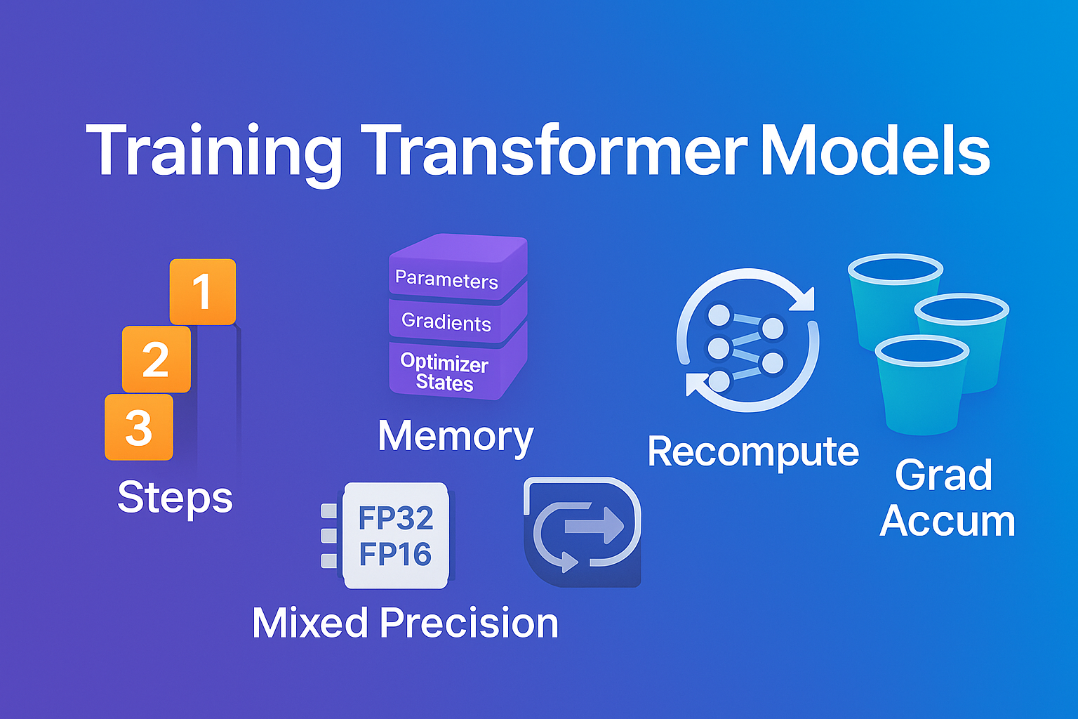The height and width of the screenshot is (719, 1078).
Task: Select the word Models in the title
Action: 874,151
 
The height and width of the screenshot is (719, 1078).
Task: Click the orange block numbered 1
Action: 203,291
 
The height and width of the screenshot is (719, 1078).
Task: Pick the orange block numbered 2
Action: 156,359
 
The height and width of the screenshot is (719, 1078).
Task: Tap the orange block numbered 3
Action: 139,428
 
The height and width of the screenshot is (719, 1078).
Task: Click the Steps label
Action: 175,497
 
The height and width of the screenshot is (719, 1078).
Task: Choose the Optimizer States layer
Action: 445,372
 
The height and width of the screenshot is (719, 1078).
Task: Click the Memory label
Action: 455,436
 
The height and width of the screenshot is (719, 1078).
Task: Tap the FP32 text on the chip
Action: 396,518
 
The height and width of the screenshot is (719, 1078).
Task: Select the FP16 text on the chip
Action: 395,554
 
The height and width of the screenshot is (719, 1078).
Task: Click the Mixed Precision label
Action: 405,623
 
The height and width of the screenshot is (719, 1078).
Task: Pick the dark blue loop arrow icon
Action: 582,532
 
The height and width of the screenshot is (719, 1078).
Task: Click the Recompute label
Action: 753,451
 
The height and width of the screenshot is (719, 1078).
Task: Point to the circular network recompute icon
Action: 747,341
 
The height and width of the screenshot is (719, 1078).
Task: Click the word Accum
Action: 947,521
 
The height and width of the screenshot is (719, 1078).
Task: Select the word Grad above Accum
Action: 944,475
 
